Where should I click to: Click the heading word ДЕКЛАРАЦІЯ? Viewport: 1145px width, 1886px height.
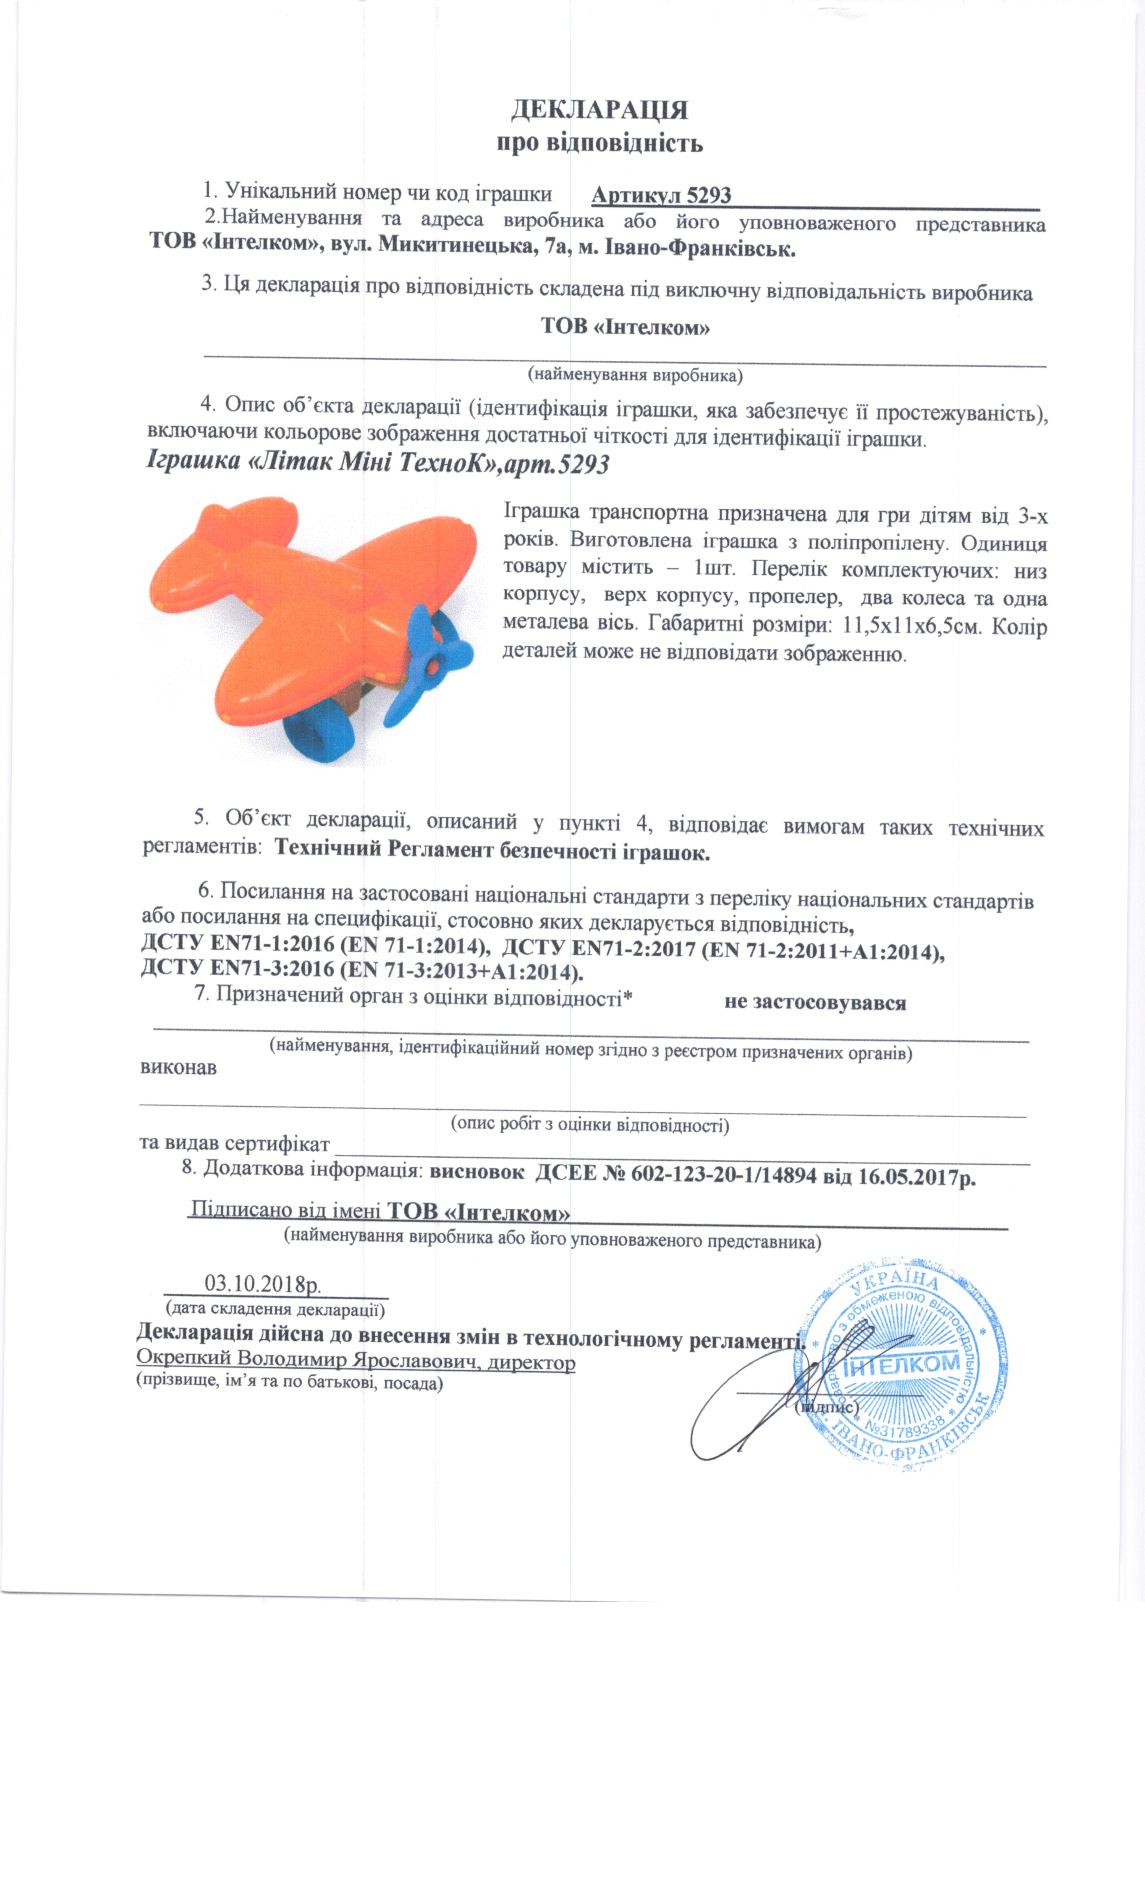(x=599, y=110)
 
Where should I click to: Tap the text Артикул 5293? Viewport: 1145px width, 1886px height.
(x=661, y=196)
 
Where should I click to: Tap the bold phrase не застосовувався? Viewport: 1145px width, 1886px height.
(x=815, y=1003)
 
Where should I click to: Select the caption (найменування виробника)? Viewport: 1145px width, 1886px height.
(x=635, y=375)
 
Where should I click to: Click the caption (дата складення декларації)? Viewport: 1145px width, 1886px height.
(x=276, y=1309)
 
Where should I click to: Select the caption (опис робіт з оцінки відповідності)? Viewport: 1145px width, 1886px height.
(x=589, y=1124)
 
